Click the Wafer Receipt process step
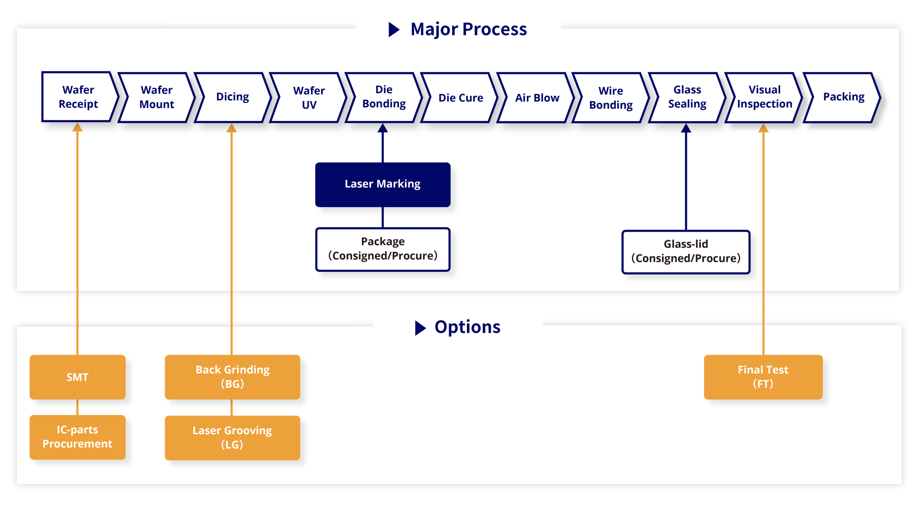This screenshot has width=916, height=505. (x=78, y=97)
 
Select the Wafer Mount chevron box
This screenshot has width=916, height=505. (x=157, y=98)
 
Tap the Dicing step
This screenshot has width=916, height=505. (x=233, y=97)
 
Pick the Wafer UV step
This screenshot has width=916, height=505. (x=309, y=98)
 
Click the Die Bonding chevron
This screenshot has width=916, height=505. (x=384, y=97)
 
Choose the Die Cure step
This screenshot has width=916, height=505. (x=461, y=98)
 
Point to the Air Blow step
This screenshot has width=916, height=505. (x=537, y=98)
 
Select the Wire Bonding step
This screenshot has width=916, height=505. (x=611, y=98)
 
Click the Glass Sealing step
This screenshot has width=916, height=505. (x=687, y=97)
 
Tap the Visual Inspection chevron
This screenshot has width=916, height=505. (x=764, y=97)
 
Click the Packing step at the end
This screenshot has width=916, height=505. (x=844, y=97)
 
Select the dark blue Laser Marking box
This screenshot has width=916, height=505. (x=382, y=184)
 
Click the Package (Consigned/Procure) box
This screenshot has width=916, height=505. (x=382, y=249)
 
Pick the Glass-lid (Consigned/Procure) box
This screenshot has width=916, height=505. (x=686, y=252)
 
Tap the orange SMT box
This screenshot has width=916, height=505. (x=77, y=377)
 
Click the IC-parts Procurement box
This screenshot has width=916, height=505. (x=77, y=437)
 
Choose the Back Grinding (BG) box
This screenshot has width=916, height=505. (x=232, y=377)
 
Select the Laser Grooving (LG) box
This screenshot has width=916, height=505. (x=232, y=437)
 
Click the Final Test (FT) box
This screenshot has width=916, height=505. (x=763, y=377)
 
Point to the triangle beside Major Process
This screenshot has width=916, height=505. (x=393, y=30)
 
